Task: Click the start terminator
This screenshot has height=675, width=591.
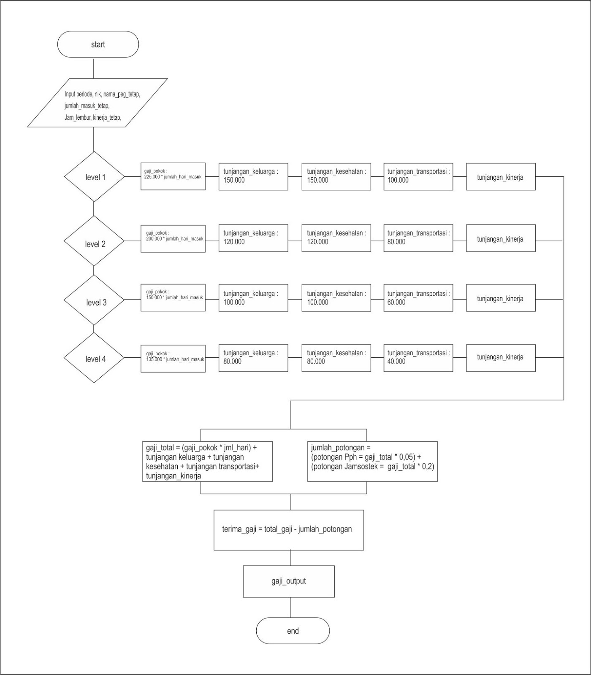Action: [98, 44]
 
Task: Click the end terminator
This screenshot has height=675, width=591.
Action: [293, 631]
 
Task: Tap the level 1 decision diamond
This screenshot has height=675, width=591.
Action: [94, 177]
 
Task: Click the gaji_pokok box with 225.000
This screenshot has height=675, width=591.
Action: [173, 176]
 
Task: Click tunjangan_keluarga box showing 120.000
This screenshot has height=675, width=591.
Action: [253, 238]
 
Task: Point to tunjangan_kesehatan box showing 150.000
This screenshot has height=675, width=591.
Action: [336, 176]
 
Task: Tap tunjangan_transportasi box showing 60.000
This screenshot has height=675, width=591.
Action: [418, 298]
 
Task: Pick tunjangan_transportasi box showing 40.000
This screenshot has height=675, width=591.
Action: [418, 358]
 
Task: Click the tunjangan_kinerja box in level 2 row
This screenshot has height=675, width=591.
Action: [501, 238]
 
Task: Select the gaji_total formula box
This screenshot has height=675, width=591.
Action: [207, 462]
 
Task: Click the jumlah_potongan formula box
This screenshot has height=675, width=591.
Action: [372, 462]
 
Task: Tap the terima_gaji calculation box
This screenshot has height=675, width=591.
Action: [289, 529]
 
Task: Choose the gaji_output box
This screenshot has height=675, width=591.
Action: [289, 581]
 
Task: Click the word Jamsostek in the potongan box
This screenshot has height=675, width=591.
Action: [367, 467]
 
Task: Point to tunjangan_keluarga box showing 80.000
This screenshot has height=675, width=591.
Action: [253, 358]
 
